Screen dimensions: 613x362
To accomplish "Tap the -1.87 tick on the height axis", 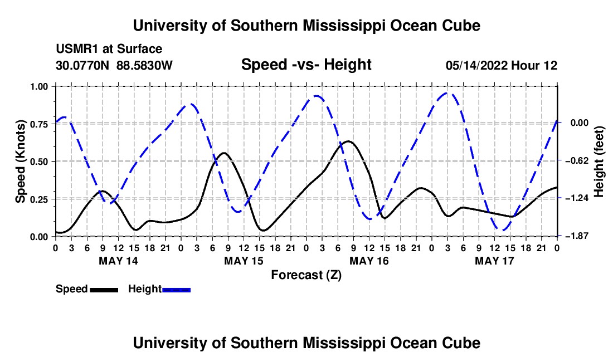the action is pos(579,236).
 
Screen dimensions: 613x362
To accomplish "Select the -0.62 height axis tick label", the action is pos(579,160).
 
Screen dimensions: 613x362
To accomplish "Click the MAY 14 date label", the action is pos(119,261).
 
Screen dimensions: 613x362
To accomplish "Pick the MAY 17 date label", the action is pos(494,261).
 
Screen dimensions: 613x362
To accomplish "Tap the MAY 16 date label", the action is pos(369,261).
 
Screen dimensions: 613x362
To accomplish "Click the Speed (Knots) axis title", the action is pos(20,162).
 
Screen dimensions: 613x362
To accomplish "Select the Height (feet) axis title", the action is pos(599,162).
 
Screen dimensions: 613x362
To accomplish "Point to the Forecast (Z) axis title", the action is pos(306,275).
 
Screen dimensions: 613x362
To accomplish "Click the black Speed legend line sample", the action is pos(104,290).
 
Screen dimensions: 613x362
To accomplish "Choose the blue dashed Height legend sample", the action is pos(176,290).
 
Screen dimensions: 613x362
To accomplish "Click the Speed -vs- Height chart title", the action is pos(306,65).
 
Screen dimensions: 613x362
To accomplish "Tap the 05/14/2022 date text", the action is pos(476,65).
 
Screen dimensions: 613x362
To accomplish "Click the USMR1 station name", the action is pos(77,49).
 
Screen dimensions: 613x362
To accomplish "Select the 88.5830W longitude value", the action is pos(144,65).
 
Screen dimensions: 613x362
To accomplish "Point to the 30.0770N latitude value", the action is pos(82,65).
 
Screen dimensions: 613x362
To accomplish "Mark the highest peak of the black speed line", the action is pos(348,141).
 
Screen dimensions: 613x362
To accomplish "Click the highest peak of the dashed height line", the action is pos(447,93).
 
